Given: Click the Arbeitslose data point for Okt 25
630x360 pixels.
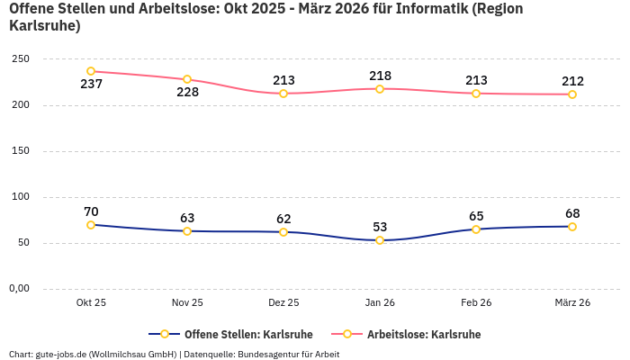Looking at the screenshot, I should [91, 71].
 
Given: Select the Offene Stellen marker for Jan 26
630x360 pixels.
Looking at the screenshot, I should [380, 240].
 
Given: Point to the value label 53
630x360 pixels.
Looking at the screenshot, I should [380, 227].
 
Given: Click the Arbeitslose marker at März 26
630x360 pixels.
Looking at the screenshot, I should [572, 94].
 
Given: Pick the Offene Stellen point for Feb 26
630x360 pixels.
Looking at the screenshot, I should [476, 229].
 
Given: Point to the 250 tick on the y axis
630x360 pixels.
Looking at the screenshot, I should [21, 59].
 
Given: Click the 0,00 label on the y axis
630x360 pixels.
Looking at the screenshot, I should [18, 289].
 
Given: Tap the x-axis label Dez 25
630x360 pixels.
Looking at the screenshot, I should [283, 303].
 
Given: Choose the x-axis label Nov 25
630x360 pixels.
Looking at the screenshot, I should [187, 303].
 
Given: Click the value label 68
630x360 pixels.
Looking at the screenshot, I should [572, 213].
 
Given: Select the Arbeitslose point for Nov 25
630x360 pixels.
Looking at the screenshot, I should [187, 79].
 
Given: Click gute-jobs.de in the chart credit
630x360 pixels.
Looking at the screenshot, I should [60, 354].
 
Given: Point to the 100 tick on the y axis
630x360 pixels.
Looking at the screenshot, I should [21, 197].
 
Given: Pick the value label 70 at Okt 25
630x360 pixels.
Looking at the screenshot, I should [91, 211].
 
